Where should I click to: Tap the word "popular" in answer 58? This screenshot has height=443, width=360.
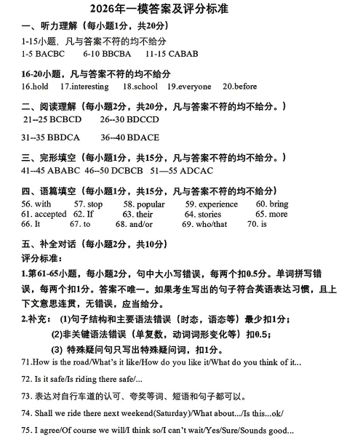pos(148,205)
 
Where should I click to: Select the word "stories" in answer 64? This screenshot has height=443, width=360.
pos(209,215)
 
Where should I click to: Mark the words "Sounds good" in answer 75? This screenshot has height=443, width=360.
pos(270,431)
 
